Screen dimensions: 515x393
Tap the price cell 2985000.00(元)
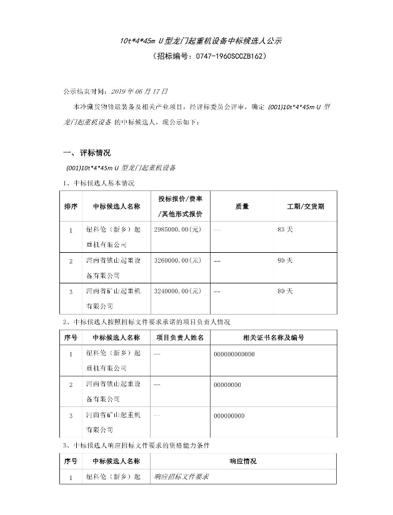pyautogui.click(x=177, y=230)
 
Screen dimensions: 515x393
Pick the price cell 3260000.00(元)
pyautogui.click(x=177, y=260)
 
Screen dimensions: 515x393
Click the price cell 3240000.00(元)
pyautogui.click(x=177, y=291)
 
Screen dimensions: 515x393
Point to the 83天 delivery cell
pyautogui.click(x=284, y=230)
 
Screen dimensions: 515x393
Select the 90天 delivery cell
pyautogui.click(x=284, y=260)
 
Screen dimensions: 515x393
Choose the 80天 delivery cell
pyautogui.click(x=284, y=291)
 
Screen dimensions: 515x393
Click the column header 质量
pyautogui.click(x=242, y=205)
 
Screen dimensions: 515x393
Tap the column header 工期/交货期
pyautogui.click(x=305, y=205)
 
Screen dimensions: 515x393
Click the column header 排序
pyautogui.click(x=71, y=205)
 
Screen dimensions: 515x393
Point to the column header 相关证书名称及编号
pyautogui.click(x=273, y=337)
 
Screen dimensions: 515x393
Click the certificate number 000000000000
pyautogui.click(x=234, y=355)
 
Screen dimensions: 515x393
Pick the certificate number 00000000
pyautogui.click(x=227, y=385)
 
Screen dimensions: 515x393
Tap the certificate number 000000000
pyautogui.click(x=229, y=416)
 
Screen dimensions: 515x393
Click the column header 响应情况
pyautogui.click(x=242, y=461)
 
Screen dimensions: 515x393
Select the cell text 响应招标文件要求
pyautogui.click(x=181, y=478)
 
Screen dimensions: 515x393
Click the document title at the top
pyautogui.click(x=201, y=41)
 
